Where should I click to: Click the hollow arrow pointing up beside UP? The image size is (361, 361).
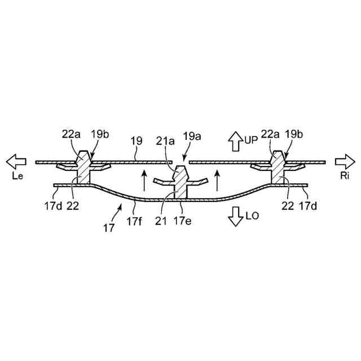(x=233, y=139)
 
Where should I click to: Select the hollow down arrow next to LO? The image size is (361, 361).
(x=234, y=217)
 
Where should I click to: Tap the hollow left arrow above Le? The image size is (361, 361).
(x=16, y=162)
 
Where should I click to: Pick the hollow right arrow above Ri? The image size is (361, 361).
(x=344, y=162)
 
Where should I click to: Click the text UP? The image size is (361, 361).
(x=250, y=138)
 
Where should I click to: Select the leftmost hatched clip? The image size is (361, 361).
(x=83, y=167)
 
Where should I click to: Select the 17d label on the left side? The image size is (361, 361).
(x=54, y=206)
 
